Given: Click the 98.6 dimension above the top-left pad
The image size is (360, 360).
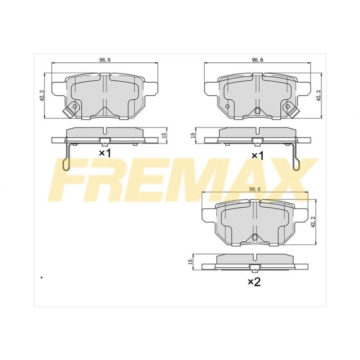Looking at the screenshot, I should (105, 60).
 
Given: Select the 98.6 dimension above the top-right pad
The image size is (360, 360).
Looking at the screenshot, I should (258, 60).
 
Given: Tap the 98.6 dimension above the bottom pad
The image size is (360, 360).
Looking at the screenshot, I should (256, 189).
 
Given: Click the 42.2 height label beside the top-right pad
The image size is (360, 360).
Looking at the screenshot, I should (319, 95).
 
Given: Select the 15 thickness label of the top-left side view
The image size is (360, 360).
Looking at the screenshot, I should (163, 135).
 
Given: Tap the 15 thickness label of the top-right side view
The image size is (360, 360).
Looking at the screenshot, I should (193, 135).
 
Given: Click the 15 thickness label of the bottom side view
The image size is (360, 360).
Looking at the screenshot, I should (190, 262).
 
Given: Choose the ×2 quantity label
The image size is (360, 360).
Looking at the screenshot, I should (255, 281).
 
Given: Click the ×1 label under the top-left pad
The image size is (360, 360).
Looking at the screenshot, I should (104, 153).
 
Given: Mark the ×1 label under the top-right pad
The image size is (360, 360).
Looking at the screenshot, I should (257, 155).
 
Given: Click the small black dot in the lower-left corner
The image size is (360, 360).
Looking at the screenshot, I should (41, 278).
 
